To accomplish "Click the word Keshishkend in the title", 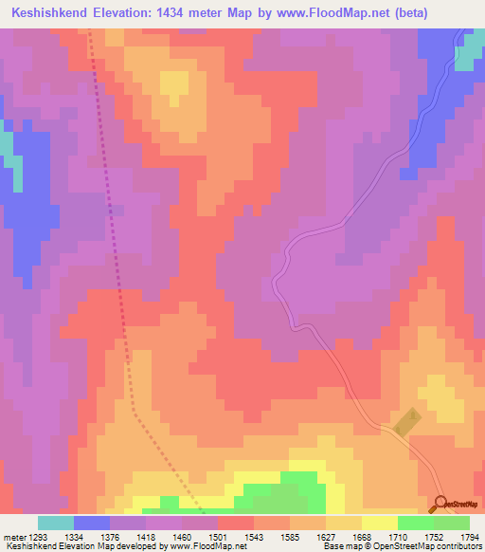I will (x=53, y=13).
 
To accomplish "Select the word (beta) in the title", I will (x=403, y=13).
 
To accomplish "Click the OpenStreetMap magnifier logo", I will (x=440, y=504).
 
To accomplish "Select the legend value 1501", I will (x=237, y=537).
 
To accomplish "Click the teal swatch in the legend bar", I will (x=56, y=523).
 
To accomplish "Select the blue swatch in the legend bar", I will (x=92, y=523).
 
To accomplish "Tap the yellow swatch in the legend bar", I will (x=379, y=523).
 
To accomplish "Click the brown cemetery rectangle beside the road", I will (x=405, y=422).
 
